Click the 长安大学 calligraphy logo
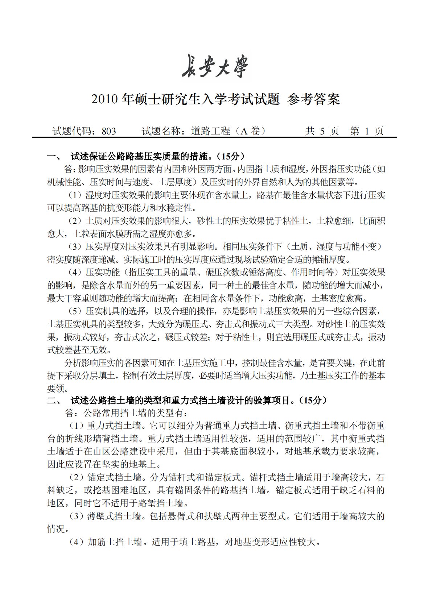(x=215, y=66)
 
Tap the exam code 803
(x=109, y=131)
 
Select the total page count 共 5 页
(x=322, y=131)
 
